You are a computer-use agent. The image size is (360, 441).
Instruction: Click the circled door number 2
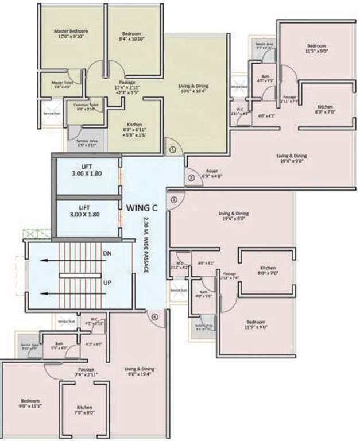(x=191, y=177)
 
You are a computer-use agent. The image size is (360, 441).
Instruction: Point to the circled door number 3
(x=174, y=199)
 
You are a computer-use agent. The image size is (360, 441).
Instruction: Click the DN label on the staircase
(x=107, y=253)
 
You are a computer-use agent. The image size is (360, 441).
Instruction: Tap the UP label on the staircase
(x=107, y=283)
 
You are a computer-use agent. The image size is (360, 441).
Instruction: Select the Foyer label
(x=212, y=173)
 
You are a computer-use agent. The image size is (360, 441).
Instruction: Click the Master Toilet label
(x=61, y=84)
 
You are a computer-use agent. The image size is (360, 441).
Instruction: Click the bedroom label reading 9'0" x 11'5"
(x=30, y=403)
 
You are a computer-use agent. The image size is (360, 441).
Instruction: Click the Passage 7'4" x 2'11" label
(x=86, y=372)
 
